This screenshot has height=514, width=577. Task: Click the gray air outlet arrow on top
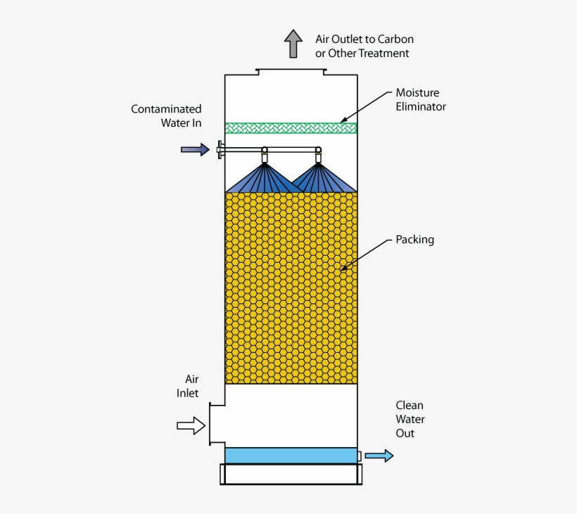coord(293,44)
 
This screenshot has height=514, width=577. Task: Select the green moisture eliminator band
coord(291,128)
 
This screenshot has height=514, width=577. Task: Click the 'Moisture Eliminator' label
coord(420,100)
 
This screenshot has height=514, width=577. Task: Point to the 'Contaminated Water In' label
coord(167,115)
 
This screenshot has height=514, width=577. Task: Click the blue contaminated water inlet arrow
coord(195,149)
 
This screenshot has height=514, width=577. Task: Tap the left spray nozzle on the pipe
coord(265,156)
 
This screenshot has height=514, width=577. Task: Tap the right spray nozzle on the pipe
coord(318,156)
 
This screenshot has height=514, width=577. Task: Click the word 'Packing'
coord(414,239)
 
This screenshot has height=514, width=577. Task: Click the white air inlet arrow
coord(190,425)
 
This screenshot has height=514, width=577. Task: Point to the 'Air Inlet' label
coord(188,386)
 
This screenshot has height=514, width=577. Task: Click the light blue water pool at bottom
coord(291,456)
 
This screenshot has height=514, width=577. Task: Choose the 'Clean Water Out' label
coord(410,419)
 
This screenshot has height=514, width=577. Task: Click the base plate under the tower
coord(291,474)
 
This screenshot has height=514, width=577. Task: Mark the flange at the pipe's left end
coord(220,149)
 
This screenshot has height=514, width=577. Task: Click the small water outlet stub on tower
coord(360,456)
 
